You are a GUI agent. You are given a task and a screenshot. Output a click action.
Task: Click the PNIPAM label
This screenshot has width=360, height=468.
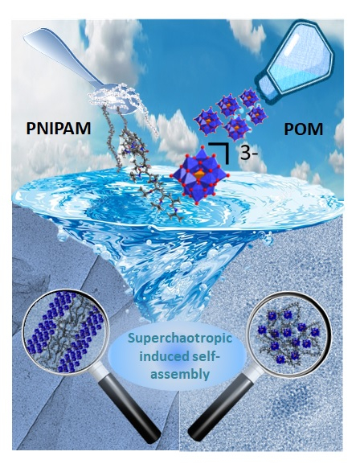pos(59,129)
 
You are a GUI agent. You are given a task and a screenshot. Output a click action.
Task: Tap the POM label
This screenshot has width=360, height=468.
pos(303,129)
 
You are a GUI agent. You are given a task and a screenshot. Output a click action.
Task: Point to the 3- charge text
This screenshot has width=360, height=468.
pos(249,154)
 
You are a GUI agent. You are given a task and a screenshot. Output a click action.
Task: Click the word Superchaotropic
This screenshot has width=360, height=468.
pos(180,339)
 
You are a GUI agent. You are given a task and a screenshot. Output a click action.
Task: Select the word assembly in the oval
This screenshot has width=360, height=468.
pos(179,374)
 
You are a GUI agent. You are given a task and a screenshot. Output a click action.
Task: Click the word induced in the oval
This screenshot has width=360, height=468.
pos(157,355)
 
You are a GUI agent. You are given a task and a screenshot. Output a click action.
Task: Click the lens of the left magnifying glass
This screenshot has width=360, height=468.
pos(63,330)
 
